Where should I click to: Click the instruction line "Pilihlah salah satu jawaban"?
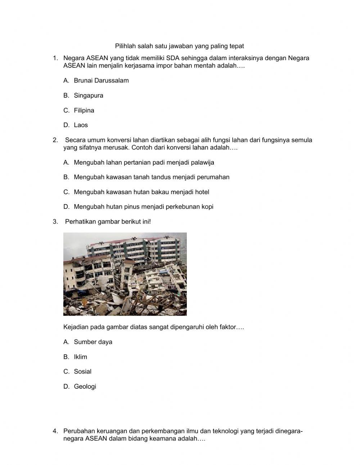pos(179,46)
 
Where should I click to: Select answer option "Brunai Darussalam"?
pos(101,81)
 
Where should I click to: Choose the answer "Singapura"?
pos(89,95)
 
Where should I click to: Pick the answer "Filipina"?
pos(84,111)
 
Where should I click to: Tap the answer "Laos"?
pos(81,125)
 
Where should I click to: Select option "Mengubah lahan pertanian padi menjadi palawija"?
pos(144,162)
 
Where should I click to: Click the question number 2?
pos(55,140)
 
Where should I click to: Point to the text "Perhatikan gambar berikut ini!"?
pos(108,222)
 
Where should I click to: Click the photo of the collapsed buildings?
pos(125,274)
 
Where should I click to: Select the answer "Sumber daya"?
pos(93,342)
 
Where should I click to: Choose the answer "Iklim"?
pos(80,357)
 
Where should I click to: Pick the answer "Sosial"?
pos(82,372)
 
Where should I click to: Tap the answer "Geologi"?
pos(85,386)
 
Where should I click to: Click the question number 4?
pos(55,431)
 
